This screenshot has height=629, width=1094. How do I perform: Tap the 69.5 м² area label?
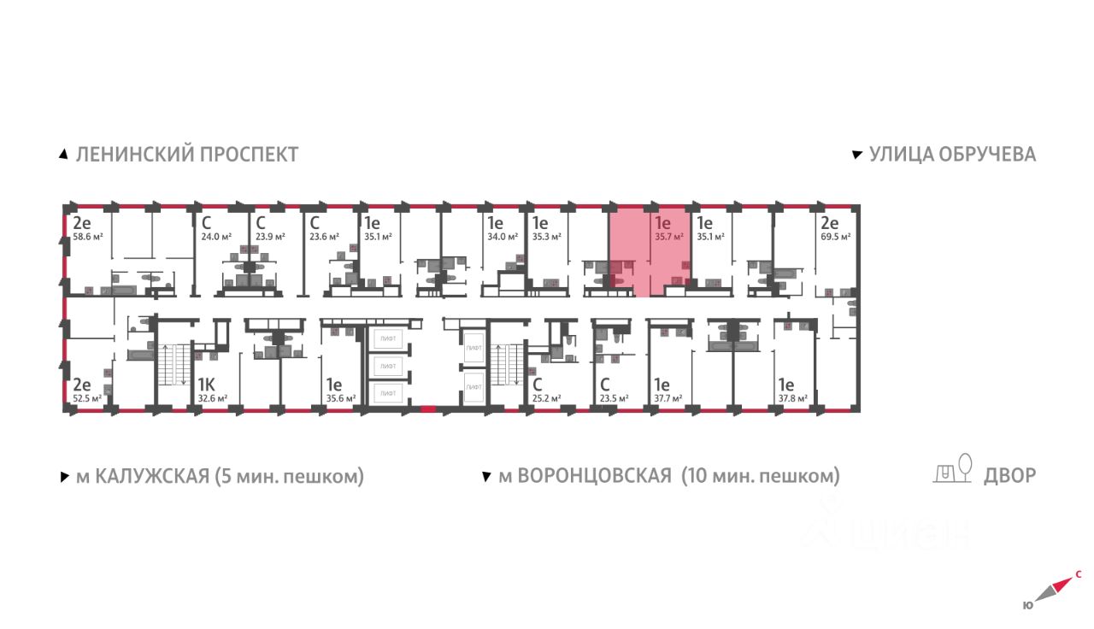click(x=834, y=237)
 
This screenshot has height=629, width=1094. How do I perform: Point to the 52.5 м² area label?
click(x=87, y=398)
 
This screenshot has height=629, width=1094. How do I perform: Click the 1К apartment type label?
click(x=206, y=384)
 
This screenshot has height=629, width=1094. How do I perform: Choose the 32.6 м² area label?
click(x=212, y=398)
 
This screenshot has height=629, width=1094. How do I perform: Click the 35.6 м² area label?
click(x=340, y=398)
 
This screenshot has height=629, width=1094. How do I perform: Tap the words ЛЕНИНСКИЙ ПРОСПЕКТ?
click(x=187, y=155)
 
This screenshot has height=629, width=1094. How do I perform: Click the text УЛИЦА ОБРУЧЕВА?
click(x=952, y=155)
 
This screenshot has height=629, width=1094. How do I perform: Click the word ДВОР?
click(x=1009, y=476)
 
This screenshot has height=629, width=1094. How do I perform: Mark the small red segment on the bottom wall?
click(x=428, y=409)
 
